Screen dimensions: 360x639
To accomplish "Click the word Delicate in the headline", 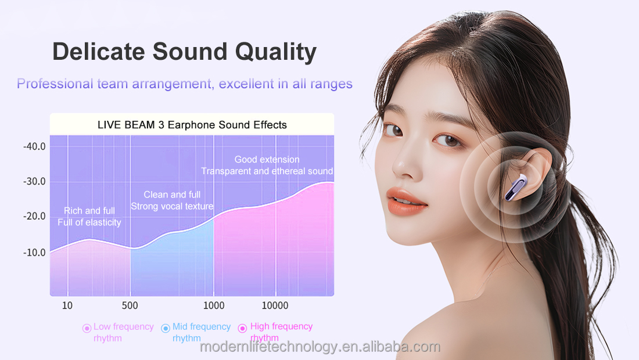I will pos(98,52).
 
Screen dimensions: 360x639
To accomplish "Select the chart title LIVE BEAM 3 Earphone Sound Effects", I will pos(192,125).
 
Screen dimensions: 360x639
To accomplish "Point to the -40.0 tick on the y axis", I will pos(34,146).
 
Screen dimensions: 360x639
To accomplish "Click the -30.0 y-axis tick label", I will pos(34,182).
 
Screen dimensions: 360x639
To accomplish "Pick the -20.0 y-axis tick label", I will pos(34,217).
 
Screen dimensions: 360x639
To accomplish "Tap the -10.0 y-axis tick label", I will pos(34,253).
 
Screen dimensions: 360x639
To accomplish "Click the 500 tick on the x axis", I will pos(130,306).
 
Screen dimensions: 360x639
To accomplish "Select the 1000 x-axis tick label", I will pos(214,306).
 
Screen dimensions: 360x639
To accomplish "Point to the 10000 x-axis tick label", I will pos(275,306).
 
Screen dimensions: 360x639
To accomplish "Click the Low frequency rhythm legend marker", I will pos(87,328).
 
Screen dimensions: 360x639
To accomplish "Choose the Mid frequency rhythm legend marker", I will pos(166,328).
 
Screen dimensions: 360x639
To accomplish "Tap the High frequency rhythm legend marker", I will pos(243,328).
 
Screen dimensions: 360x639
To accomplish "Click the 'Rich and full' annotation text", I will pos(89,211).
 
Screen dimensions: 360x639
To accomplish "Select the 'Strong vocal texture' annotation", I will pos(172,206).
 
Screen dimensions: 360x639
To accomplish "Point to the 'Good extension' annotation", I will pos(267,160).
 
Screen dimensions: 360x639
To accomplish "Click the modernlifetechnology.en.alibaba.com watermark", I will pos(320,347).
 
